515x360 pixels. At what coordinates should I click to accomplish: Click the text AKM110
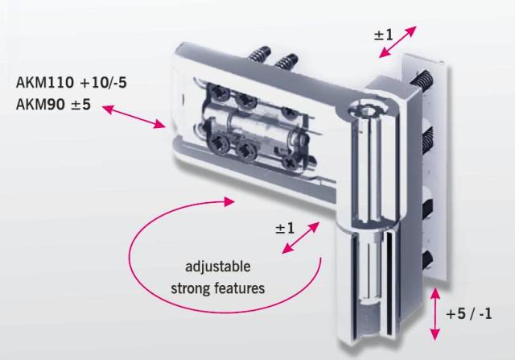[45, 82]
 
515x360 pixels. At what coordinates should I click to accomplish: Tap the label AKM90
[39, 104]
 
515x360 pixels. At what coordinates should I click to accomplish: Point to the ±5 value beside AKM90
[80, 104]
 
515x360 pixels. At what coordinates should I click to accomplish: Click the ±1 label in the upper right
[383, 35]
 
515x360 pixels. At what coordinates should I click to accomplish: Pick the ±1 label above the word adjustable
[285, 228]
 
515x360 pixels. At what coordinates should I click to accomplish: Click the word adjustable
[218, 267]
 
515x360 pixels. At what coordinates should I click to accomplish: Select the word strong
[190, 288]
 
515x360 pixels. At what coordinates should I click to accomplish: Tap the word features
[240, 288]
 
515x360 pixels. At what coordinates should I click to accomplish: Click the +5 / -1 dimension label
[469, 313]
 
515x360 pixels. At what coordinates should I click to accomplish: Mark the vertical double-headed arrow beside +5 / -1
[435, 313]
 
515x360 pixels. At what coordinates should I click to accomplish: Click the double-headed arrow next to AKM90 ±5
[134, 117]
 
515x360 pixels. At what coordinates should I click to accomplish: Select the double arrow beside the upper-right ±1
[398, 42]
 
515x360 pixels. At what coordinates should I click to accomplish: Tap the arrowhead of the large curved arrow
[229, 201]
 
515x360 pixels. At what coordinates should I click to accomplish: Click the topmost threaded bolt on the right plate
[424, 81]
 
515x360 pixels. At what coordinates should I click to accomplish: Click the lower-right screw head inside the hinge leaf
[290, 161]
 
